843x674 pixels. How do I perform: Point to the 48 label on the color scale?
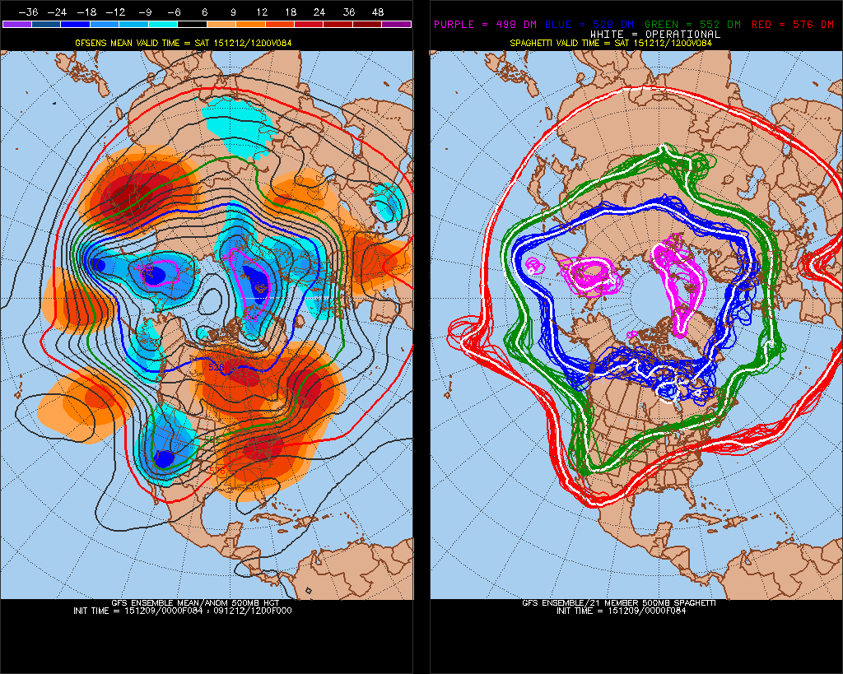(378, 12)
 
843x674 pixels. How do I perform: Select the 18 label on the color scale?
(291, 12)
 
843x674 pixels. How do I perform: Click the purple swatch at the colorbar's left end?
(16, 25)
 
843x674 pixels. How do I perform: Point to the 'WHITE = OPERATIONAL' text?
(655, 34)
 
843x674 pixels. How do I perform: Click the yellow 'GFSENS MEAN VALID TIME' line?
(207, 41)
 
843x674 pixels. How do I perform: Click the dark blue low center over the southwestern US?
(164, 458)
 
